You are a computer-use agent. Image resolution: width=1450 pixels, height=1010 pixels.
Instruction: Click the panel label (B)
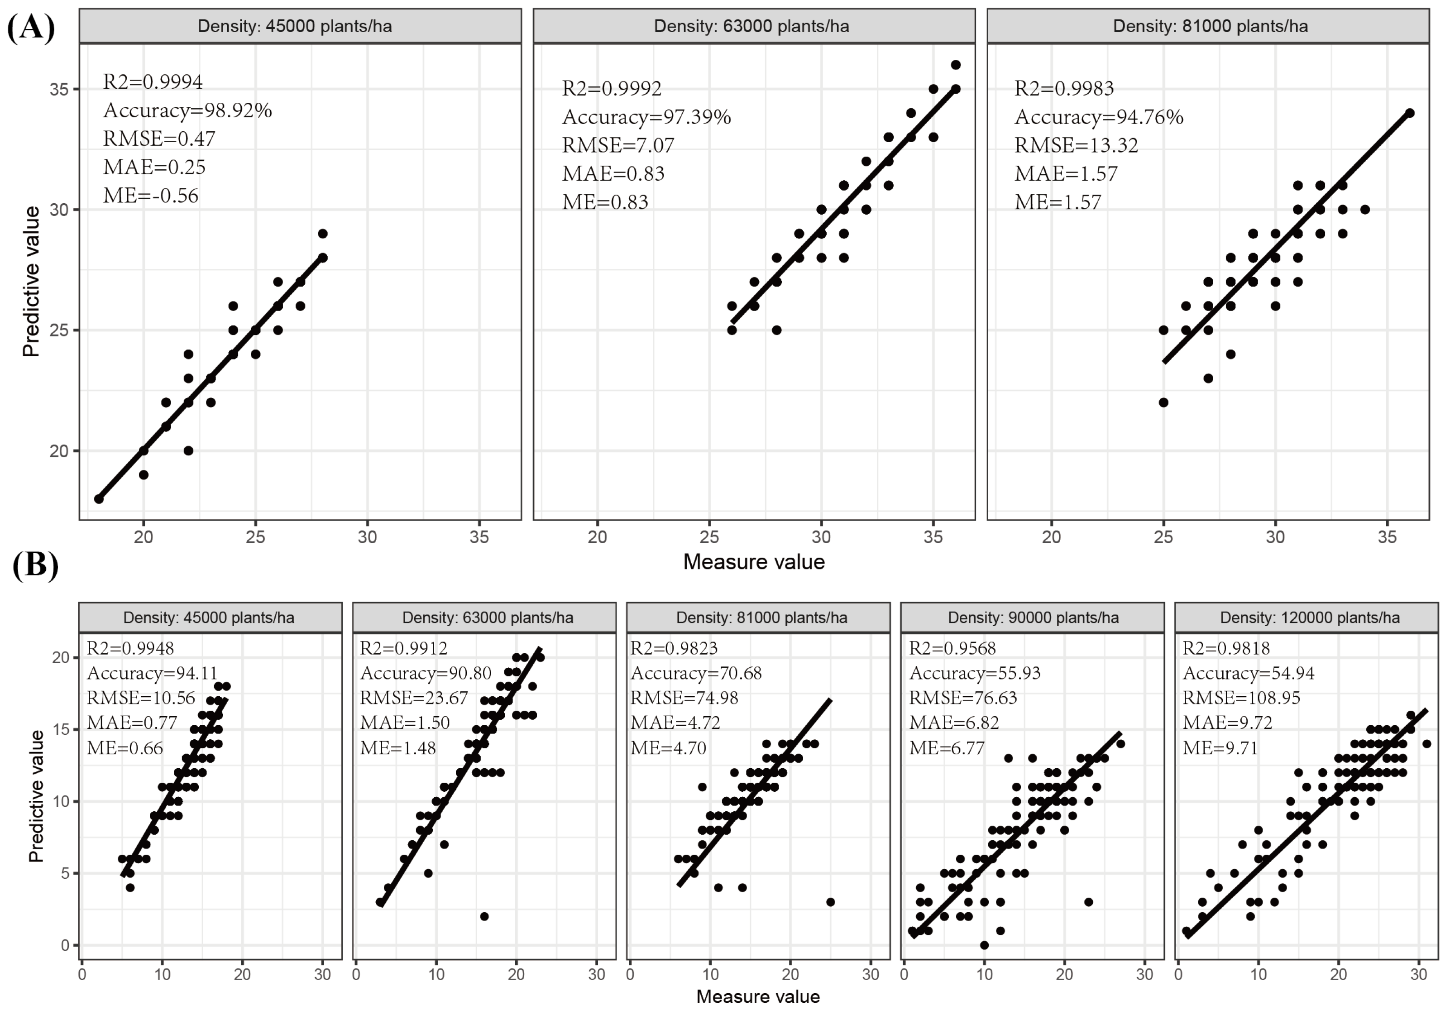point(35,564)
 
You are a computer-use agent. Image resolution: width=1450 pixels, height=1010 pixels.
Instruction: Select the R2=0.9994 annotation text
point(153,81)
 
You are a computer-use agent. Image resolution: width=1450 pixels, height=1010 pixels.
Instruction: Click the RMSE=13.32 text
point(1076,145)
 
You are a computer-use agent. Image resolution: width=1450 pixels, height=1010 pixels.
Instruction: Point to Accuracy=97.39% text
point(646,117)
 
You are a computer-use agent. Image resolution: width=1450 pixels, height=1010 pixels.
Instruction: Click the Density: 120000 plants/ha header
point(1309,617)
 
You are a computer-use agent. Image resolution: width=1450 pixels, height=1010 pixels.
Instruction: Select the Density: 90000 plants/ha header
point(1033,617)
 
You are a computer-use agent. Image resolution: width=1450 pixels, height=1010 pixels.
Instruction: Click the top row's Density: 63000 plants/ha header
point(751,26)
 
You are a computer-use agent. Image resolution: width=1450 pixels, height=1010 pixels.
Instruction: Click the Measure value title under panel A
point(753,561)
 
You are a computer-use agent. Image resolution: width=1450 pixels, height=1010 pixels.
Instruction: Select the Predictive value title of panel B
point(36,796)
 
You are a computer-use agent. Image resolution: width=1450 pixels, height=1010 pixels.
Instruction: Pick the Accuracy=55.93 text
point(975,673)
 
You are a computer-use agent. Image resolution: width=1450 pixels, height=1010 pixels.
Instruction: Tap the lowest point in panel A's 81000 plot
point(1163,402)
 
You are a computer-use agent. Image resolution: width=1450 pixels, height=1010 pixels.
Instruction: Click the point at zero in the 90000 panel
point(984,945)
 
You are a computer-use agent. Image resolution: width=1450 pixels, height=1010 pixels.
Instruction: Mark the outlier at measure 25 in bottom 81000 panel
point(830,902)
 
